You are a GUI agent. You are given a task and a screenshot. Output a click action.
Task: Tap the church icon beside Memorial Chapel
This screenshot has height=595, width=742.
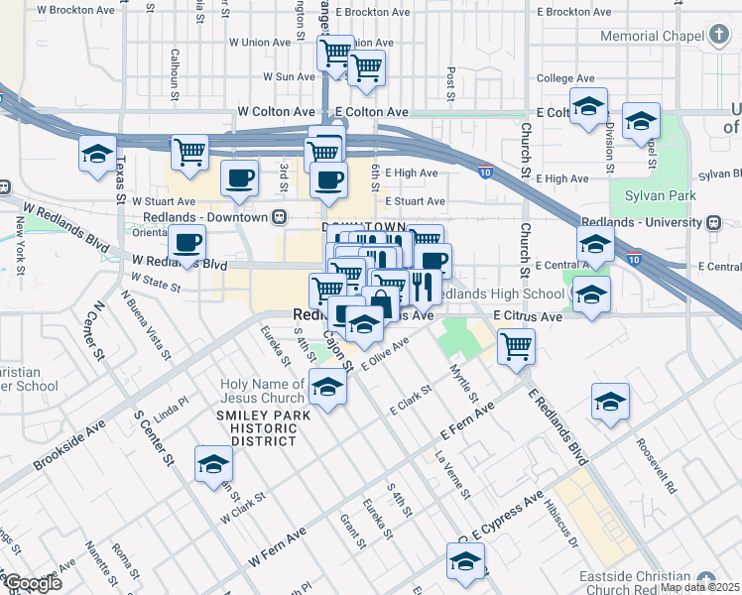pos(719,36)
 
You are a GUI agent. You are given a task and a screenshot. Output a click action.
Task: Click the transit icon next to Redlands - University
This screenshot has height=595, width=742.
pos(714,223)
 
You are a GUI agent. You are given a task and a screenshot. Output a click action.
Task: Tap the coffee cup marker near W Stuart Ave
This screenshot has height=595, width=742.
pos(239,178)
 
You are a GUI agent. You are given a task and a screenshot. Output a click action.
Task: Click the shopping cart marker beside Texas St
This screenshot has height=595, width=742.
pos(189,153)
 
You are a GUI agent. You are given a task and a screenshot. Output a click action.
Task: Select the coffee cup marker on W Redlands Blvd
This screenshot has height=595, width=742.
pos(186,243)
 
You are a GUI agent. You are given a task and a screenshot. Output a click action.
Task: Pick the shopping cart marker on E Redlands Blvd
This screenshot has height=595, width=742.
pos(516,347)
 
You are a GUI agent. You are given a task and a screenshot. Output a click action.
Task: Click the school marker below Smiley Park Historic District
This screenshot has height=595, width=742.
pos(213,464)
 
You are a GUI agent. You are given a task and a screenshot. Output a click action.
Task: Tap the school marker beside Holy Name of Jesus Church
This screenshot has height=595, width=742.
pos(327,387)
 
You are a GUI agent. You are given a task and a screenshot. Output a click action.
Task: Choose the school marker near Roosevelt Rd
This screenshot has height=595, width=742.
pos(610,402)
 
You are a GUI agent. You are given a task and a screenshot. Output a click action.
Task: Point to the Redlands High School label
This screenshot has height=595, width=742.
pos(500,295)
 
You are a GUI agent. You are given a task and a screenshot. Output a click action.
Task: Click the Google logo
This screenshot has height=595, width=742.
pos(33,583)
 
